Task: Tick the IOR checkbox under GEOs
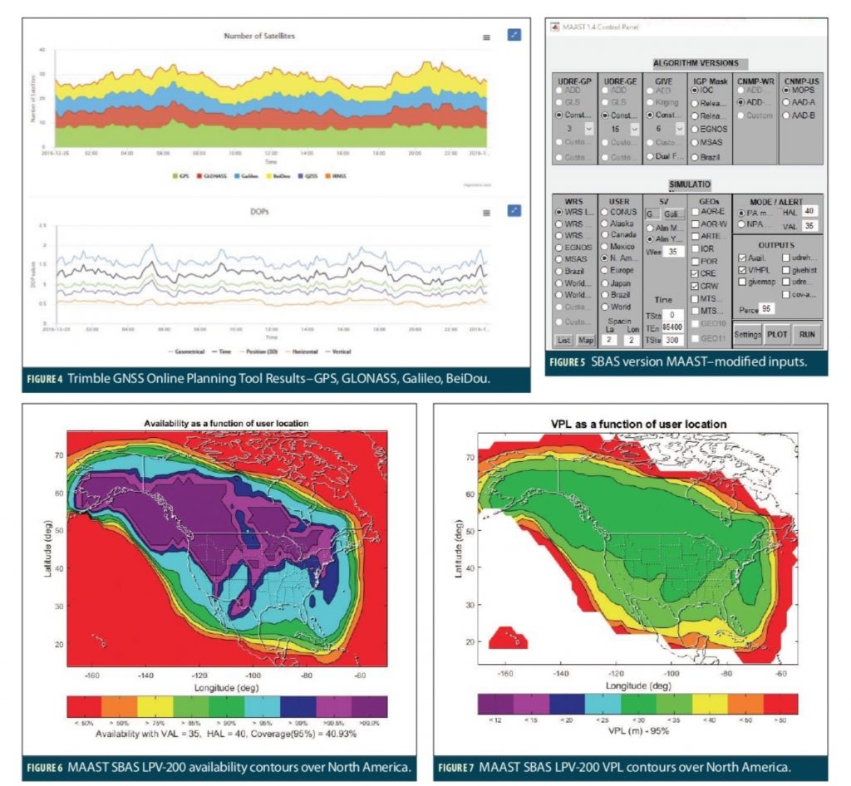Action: pyautogui.click(x=695, y=248)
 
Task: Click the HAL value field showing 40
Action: pyautogui.click(x=810, y=212)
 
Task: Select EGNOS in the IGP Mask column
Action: pyautogui.click(x=696, y=129)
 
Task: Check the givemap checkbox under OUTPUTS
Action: pyautogui.click(x=741, y=282)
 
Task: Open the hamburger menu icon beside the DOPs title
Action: pyautogui.click(x=486, y=213)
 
